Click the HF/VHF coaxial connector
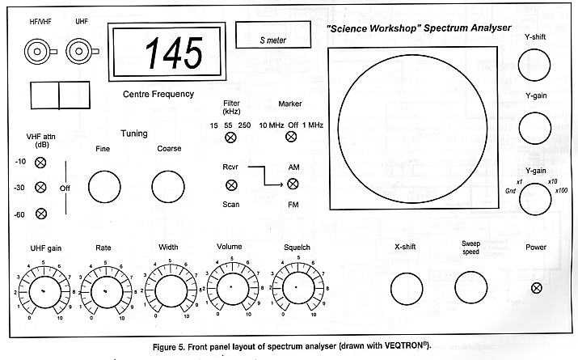point(36,53)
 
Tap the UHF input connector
point(81,53)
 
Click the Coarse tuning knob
point(166,187)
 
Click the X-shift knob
point(406,287)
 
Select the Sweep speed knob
point(470,287)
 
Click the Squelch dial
point(296,288)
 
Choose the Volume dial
point(230,287)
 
